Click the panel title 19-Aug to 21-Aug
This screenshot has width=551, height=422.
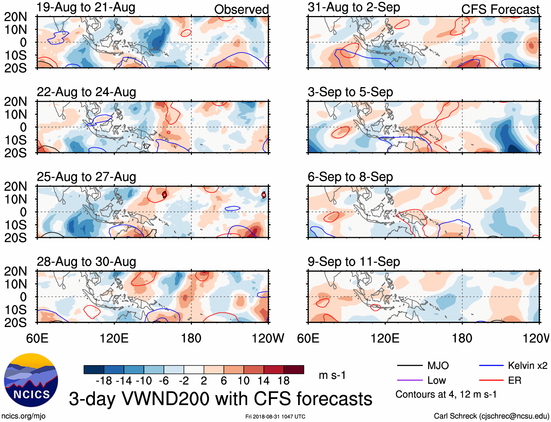tap(86, 7)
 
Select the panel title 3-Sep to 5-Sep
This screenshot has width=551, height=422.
tap(350, 92)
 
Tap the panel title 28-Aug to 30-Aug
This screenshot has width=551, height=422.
tap(86, 262)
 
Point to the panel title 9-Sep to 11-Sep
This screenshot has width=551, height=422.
tap(354, 262)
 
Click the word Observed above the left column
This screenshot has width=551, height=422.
tap(241, 9)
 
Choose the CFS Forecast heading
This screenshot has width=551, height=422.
tap(500, 9)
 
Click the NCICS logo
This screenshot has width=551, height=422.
tap(31, 380)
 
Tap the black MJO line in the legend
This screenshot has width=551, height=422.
tap(409, 366)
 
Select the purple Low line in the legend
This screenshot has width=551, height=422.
tap(409, 380)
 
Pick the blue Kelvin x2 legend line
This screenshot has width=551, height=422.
tap(491, 366)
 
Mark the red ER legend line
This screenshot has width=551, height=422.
tap(491, 380)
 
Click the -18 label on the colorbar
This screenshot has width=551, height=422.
tap(104, 381)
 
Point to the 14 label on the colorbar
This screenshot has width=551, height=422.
tap(263, 381)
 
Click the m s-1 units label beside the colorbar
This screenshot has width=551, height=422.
tap(332, 375)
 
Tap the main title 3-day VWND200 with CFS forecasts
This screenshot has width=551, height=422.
tap(220, 399)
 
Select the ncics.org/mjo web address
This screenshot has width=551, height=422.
tap(23, 416)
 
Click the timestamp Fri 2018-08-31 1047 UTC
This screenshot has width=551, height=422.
tap(275, 417)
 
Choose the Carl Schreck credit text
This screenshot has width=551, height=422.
tap(491, 416)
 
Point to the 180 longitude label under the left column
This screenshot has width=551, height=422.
tap(191, 338)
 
